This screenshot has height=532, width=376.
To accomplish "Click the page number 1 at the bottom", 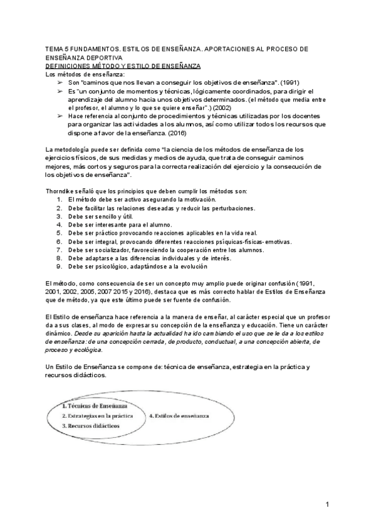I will tap(327, 504).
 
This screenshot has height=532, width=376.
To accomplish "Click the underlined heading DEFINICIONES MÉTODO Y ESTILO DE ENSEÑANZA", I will tap(123, 65).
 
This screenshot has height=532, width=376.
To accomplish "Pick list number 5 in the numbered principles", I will tap(58, 231).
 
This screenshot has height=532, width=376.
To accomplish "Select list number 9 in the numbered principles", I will tap(58, 265).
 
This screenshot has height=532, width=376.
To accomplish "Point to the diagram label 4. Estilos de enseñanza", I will tap(179, 416).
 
